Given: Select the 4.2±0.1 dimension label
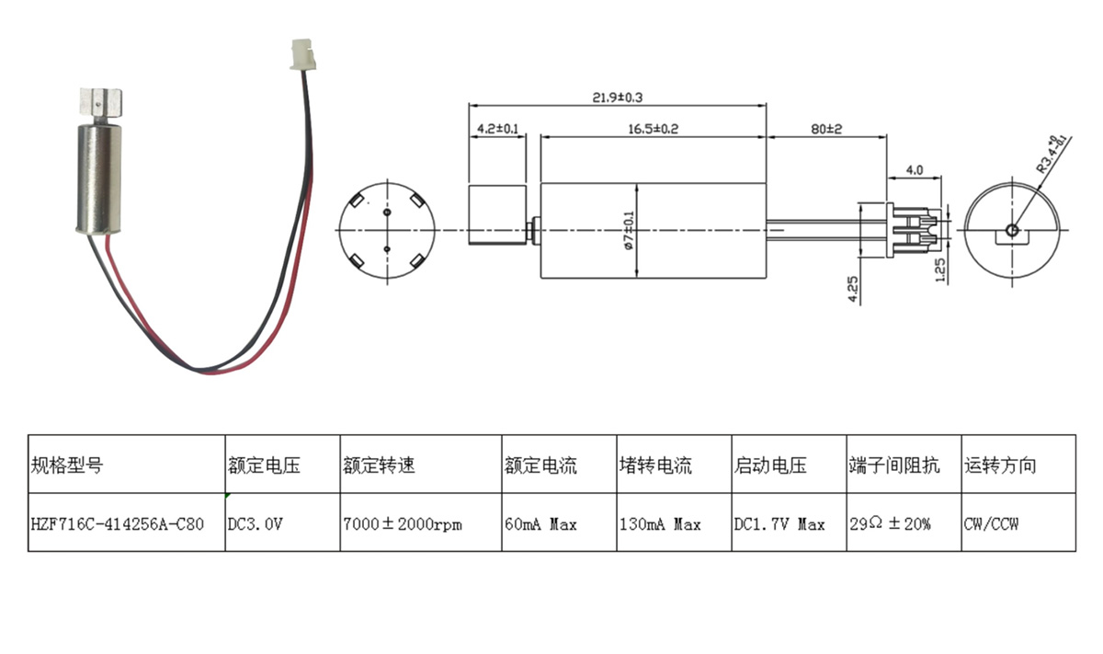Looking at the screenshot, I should click(497, 129).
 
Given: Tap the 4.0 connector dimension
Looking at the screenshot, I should click(915, 170).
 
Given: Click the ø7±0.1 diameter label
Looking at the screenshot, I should click(629, 229).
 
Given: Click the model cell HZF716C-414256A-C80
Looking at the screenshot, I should click(118, 524).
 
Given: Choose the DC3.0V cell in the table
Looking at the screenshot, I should click(256, 524).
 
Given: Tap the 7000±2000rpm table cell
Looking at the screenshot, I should click(403, 524).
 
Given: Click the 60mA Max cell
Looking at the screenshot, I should click(540, 524).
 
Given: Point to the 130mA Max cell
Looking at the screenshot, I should click(660, 524).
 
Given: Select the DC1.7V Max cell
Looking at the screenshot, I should click(779, 524).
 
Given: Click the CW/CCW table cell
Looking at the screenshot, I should click(991, 524).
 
